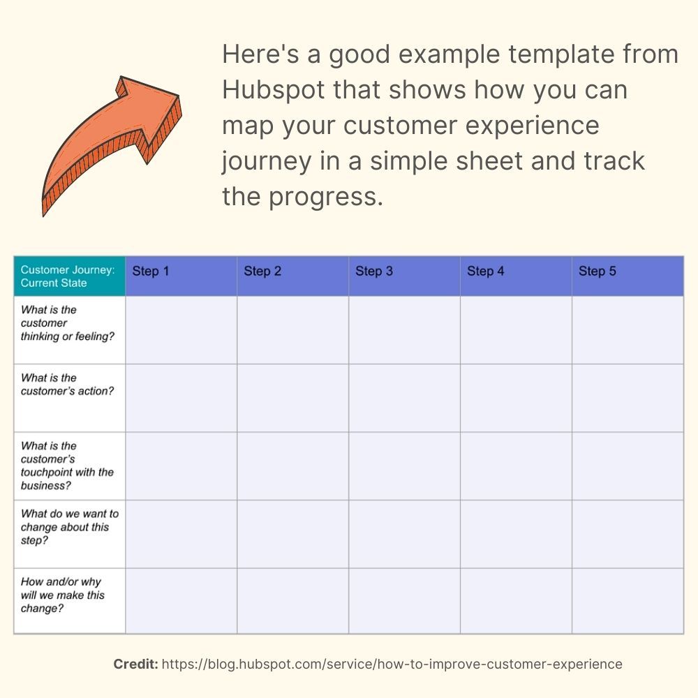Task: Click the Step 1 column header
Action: click(181, 276)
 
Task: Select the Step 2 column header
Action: click(293, 276)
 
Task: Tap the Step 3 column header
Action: click(405, 276)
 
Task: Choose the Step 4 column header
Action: click(517, 276)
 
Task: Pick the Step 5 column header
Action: click(628, 276)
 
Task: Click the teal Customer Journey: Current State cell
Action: click(69, 276)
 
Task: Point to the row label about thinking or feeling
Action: click(67, 322)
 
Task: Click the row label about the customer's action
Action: click(67, 384)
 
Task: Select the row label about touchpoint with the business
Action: click(67, 466)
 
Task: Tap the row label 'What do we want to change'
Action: click(69, 527)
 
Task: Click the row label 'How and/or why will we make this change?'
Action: click(62, 595)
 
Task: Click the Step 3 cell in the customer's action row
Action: click(405, 398)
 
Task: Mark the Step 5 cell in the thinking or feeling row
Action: click(628, 330)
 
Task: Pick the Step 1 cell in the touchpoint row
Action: click(181, 466)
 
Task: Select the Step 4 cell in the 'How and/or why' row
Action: click(517, 601)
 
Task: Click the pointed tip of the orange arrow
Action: click(179, 95)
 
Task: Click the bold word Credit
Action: click(136, 664)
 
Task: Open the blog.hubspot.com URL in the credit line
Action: click(392, 664)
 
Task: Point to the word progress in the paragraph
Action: click(325, 198)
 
